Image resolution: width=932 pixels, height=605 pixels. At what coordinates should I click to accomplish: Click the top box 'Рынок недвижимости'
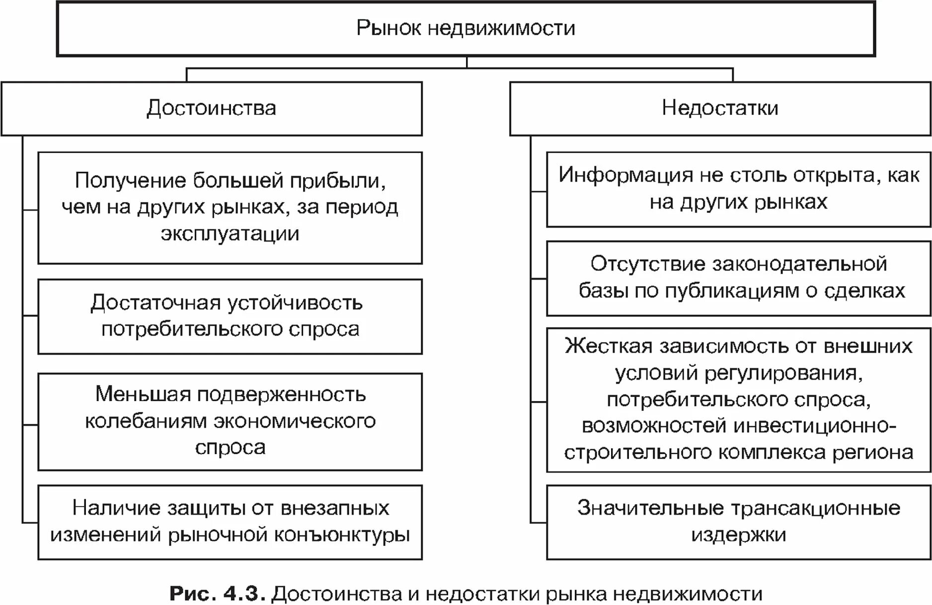pyautogui.click(x=466, y=28)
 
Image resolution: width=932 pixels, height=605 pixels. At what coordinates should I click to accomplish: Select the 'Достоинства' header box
pyautogui.click(x=212, y=108)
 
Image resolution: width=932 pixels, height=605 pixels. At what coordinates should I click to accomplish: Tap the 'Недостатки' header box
pyautogui.click(x=720, y=108)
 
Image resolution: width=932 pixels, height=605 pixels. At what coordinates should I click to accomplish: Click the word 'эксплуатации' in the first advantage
pyautogui.click(x=230, y=233)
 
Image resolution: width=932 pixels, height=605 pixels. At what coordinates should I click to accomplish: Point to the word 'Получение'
pyautogui.click(x=131, y=181)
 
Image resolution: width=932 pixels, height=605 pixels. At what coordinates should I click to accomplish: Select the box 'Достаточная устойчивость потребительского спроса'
pyautogui.click(x=230, y=316)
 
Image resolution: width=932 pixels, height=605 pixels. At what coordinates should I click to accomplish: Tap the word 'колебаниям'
pyautogui.click(x=146, y=421)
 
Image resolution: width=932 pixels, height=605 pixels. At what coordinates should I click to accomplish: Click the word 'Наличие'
pyautogui.click(x=116, y=508)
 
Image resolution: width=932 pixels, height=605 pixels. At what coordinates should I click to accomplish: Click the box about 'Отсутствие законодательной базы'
pyautogui.click(x=738, y=278)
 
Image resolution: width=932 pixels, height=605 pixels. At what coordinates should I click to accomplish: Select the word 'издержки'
pyautogui.click(x=738, y=535)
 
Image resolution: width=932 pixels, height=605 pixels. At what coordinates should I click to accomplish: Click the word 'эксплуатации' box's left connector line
pyautogui.click(x=30, y=210)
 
